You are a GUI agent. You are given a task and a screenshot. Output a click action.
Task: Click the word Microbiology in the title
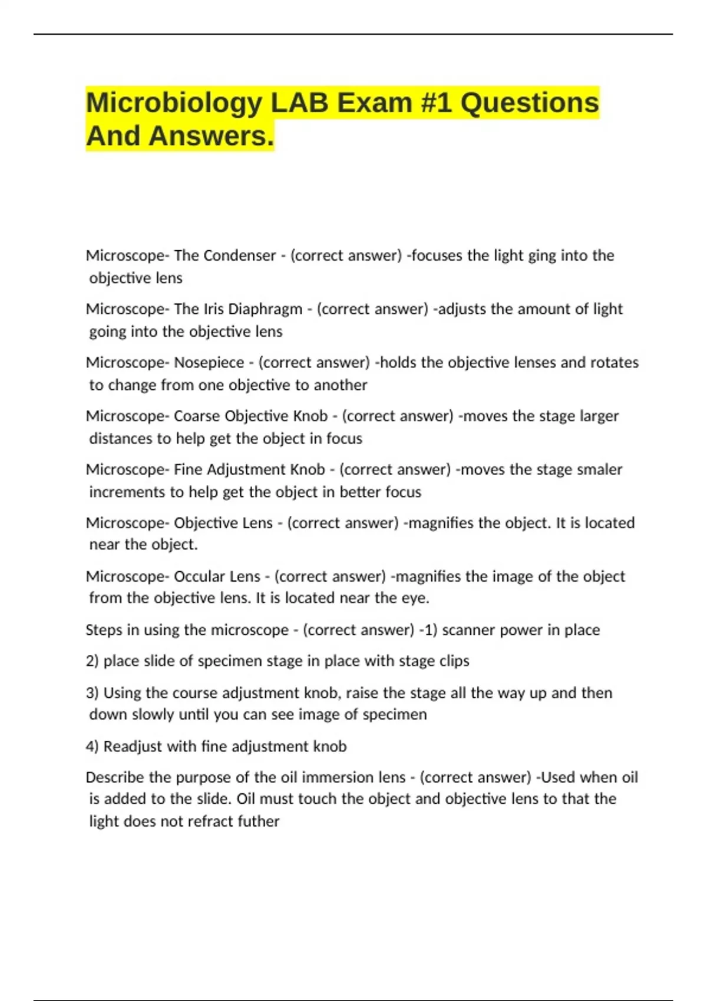tap(174, 104)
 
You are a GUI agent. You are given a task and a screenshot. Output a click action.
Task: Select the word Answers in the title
tap(211, 136)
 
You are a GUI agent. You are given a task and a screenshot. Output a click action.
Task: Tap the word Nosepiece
tap(209, 363)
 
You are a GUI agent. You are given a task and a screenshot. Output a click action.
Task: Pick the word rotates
tap(614, 363)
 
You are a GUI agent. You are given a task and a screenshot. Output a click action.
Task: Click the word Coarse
tap(197, 416)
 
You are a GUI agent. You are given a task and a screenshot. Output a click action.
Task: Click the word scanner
tap(468, 630)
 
